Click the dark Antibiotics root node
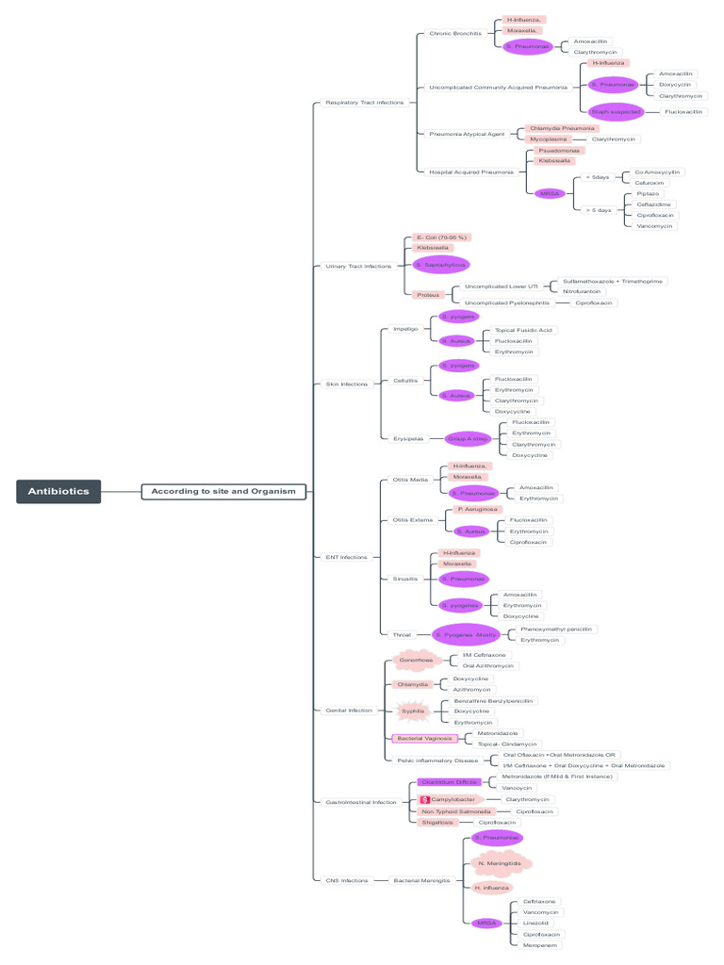(x=58, y=491)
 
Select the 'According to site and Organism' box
(x=223, y=491)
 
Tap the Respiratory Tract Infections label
(x=364, y=102)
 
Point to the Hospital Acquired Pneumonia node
(x=471, y=172)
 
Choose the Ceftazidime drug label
(x=655, y=204)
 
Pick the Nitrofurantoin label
(x=582, y=291)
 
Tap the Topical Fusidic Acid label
(x=524, y=330)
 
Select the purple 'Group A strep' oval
(x=468, y=438)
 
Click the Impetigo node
(x=405, y=329)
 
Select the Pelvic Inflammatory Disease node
(x=436, y=760)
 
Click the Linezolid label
(x=535, y=923)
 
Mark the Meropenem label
(x=541, y=944)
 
